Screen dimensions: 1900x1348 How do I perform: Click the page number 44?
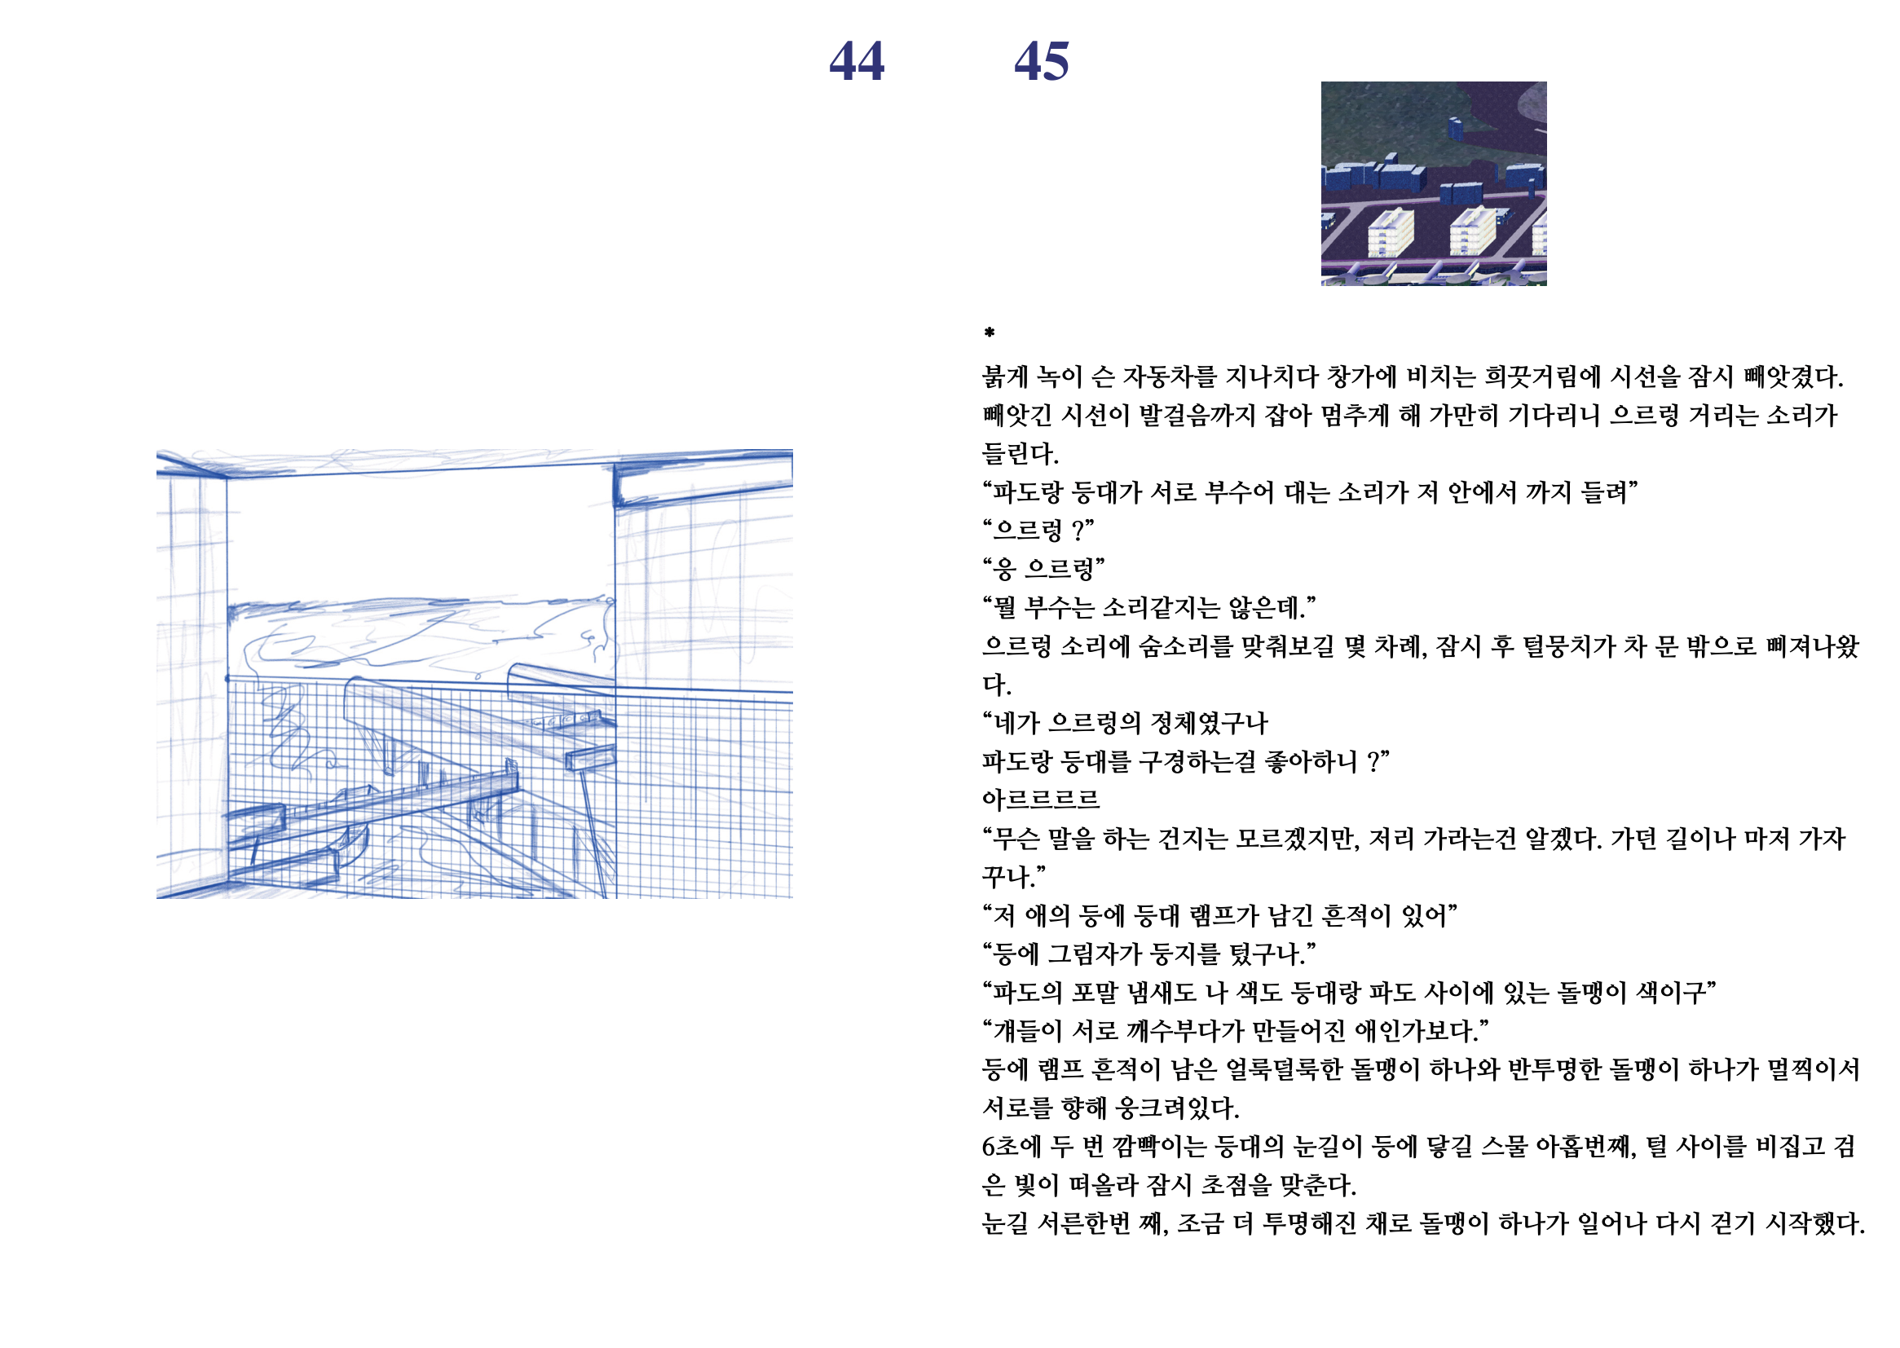pyautogui.click(x=857, y=61)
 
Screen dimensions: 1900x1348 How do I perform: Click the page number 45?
pyautogui.click(x=1042, y=61)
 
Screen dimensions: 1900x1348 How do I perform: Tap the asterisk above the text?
pyautogui.click(x=989, y=333)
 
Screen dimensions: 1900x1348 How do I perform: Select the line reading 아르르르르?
pyautogui.click(x=1040, y=800)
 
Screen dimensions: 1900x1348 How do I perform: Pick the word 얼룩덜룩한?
pyautogui.click(x=1281, y=1069)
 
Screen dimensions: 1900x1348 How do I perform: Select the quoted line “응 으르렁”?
pyautogui.click(x=1043, y=569)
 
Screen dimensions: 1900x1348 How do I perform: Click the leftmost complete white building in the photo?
pyautogui.click(x=1391, y=232)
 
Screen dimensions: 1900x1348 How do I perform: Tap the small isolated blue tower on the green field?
pyautogui.click(x=1455, y=128)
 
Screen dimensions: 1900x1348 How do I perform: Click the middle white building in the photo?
pyautogui.click(x=1473, y=231)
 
